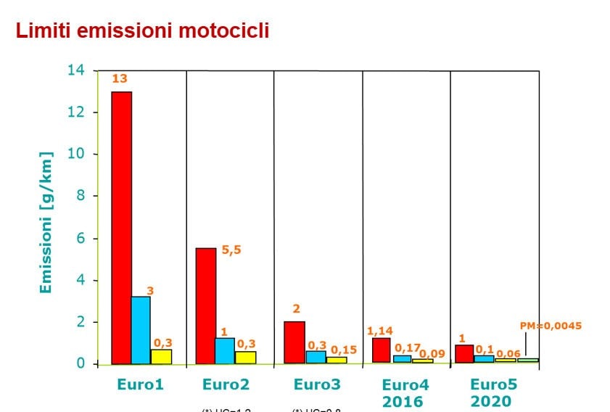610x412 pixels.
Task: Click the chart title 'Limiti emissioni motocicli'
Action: [x=143, y=31]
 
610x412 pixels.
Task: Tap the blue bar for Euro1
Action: [x=141, y=329]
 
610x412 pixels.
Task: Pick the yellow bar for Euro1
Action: [x=161, y=356]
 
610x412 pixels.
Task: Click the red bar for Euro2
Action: [x=206, y=305]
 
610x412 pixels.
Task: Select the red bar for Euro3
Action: [x=294, y=342]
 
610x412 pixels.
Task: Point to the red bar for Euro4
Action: [x=381, y=350]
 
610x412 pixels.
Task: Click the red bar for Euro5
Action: [x=464, y=353]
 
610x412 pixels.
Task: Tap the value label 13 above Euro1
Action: [x=120, y=79]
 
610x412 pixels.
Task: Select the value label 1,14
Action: [x=380, y=331]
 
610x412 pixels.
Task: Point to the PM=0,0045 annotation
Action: [x=551, y=326]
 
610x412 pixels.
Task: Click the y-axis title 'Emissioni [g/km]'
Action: [x=46, y=222]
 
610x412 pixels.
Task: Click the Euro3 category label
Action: [x=318, y=384]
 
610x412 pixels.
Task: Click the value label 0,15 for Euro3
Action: [x=343, y=350]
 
